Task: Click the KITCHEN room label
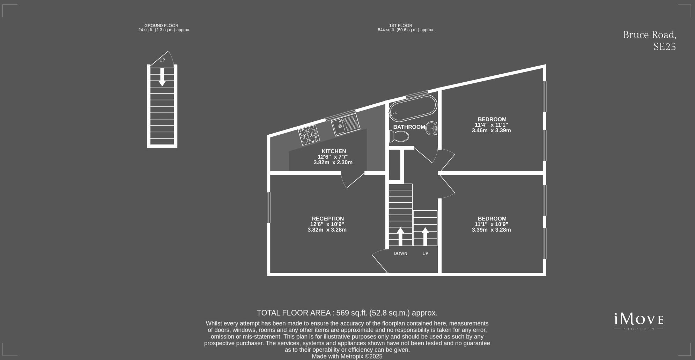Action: point(334,151)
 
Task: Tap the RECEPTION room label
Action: point(327,219)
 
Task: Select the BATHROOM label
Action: point(409,127)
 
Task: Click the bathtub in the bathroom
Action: point(413,108)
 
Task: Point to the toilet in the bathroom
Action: point(399,136)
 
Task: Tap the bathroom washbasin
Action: point(432,128)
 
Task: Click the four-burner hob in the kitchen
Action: point(309,135)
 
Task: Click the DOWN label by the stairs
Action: point(400,254)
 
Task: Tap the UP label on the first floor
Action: point(425,254)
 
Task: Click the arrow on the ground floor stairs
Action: point(162,77)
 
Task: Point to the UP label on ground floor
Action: point(162,60)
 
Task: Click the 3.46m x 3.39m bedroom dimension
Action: point(491,131)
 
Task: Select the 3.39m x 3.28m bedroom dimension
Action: point(491,230)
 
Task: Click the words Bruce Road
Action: point(649,35)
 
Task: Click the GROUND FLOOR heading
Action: point(161,25)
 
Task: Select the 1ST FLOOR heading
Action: point(401,25)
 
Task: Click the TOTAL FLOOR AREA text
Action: point(347,313)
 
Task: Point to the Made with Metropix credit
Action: point(347,357)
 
